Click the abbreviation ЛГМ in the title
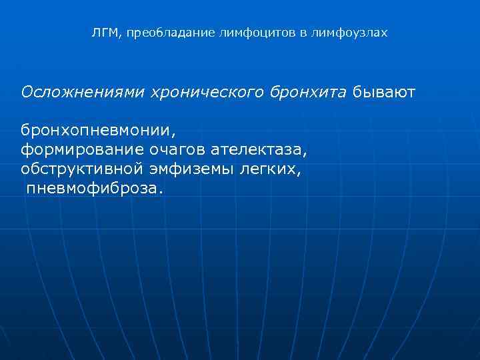(x=103, y=33)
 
